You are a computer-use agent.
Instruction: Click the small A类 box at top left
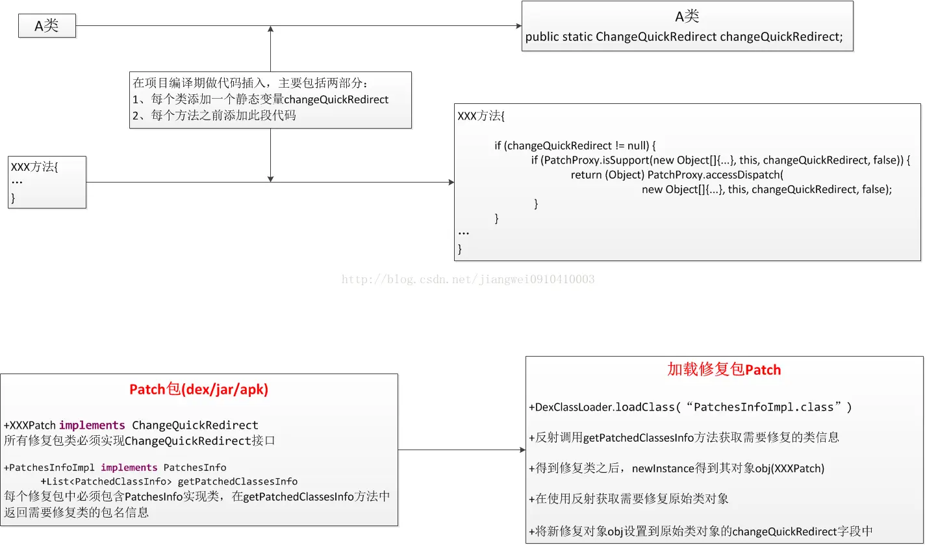[47, 26]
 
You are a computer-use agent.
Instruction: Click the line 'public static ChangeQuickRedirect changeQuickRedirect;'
[683, 37]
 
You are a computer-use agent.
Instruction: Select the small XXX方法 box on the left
[47, 182]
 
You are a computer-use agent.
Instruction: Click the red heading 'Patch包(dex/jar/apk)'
[199, 390]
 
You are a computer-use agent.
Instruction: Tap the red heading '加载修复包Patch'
[724, 370]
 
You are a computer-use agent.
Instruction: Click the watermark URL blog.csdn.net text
[468, 279]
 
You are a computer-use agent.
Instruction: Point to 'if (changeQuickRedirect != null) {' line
[576, 146]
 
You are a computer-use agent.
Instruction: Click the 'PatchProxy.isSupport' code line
[721, 160]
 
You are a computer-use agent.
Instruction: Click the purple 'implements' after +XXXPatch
[92, 425]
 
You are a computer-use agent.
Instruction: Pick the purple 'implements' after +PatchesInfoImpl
[129, 467]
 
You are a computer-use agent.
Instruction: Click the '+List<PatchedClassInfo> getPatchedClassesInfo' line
[169, 481]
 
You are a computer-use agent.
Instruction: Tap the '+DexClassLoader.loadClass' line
[690, 407]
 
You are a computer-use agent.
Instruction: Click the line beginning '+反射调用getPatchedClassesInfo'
[684, 438]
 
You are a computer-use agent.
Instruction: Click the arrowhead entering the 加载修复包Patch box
[522, 450]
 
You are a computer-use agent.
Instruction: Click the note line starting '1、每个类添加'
[260, 99]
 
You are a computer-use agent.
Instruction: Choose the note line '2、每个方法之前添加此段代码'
[214, 116]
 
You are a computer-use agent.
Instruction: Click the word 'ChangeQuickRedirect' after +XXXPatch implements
[195, 425]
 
